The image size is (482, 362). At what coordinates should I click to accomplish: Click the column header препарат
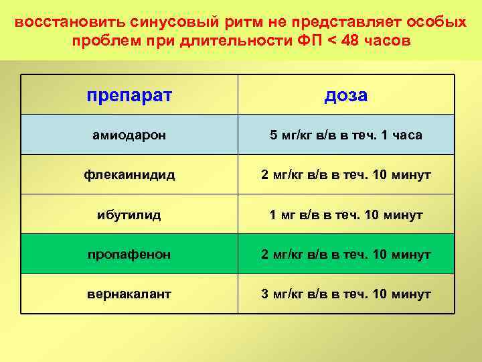(x=129, y=95)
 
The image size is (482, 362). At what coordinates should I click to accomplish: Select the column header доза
(x=346, y=95)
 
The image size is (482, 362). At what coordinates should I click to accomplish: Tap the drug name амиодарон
(x=129, y=135)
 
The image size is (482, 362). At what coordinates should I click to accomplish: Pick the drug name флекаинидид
(x=129, y=175)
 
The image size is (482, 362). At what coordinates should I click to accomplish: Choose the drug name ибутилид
(x=129, y=215)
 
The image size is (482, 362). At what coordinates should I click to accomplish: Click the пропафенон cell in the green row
(x=129, y=254)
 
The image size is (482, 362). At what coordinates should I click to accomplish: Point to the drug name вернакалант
(x=129, y=294)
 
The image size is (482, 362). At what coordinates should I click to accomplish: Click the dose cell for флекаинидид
(x=346, y=175)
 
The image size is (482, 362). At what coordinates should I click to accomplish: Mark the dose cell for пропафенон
(x=346, y=254)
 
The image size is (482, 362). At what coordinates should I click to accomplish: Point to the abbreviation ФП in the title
(x=309, y=41)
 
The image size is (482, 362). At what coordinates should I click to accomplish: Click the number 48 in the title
(x=351, y=41)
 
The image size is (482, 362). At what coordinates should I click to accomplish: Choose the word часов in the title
(x=388, y=41)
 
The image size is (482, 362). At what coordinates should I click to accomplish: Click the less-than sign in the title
(x=330, y=41)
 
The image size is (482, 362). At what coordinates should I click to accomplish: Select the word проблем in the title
(x=100, y=41)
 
